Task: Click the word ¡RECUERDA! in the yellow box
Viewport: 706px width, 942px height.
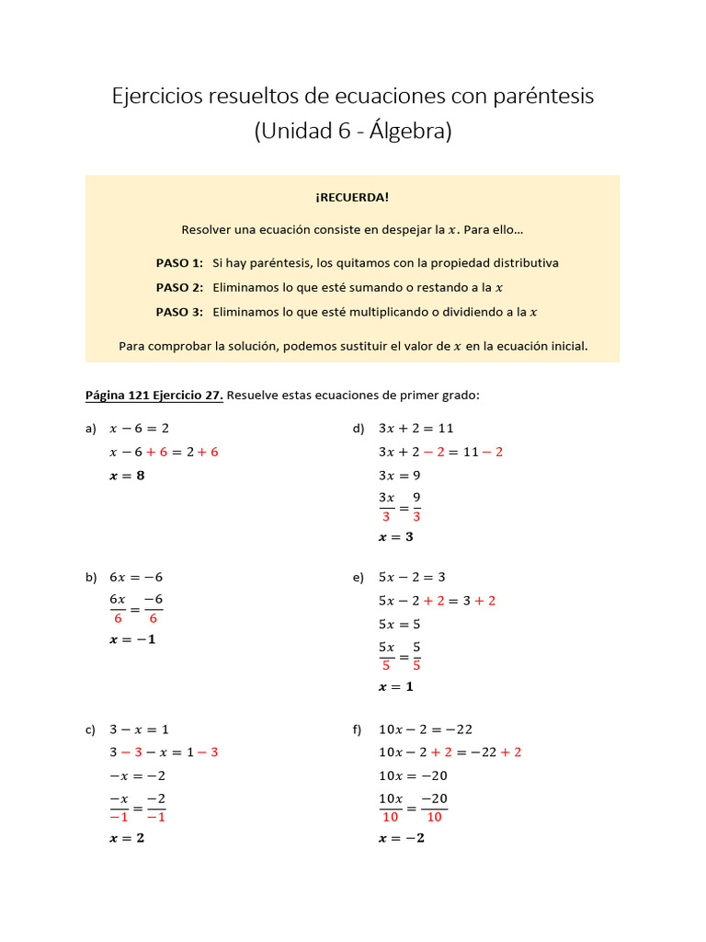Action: coord(352,197)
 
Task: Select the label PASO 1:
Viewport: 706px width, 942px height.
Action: coord(179,262)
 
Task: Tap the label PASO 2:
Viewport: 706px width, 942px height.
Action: coord(179,287)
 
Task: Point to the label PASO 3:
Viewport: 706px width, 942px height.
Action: coord(179,312)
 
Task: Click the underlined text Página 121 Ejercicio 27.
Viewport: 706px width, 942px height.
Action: coord(154,396)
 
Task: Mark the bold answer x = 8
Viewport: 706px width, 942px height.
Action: coord(127,476)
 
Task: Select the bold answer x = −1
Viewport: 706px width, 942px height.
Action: coord(132,639)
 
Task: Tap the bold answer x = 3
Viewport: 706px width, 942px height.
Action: coord(396,537)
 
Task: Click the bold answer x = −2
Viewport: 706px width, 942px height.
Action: coord(402,838)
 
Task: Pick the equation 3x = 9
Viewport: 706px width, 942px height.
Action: coord(400,476)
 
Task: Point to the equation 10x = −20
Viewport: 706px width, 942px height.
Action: coord(414,775)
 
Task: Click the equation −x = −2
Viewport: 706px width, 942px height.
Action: coord(137,775)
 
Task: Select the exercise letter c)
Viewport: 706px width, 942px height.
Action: coord(90,729)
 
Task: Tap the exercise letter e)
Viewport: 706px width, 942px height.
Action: coord(359,578)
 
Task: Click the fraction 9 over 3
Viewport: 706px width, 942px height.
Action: coord(416,506)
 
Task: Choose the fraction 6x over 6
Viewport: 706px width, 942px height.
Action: coord(118,608)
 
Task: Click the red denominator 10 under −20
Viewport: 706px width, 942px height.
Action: coord(434,817)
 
